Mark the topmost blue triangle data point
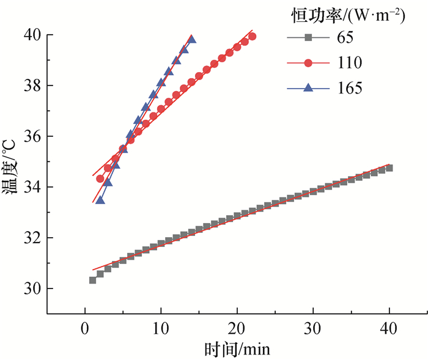[x=191, y=39]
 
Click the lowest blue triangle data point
[x=100, y=200]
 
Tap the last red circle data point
[x=252, y=37]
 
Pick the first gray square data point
[x=92, y=280]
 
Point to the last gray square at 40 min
[x=389, y=167]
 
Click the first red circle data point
[x=100, y=178]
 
